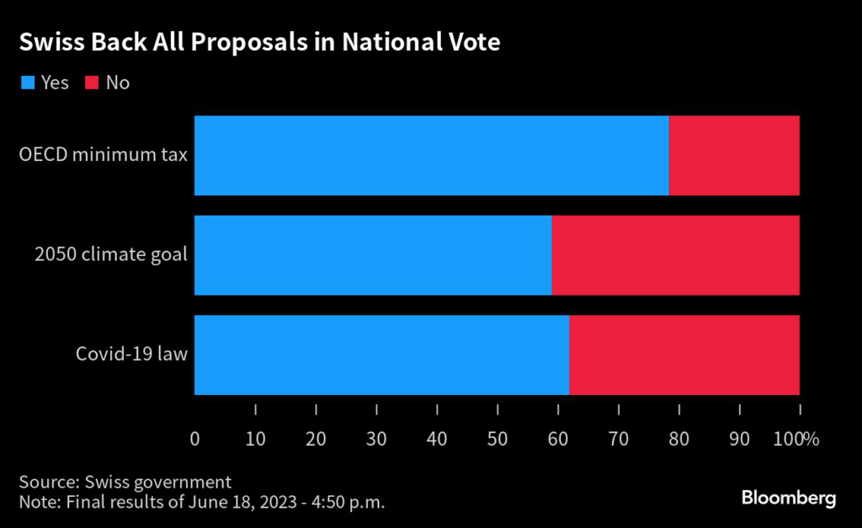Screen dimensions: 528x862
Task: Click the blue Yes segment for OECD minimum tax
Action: (x=431, y=156)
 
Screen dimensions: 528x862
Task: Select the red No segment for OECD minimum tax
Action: (x=734, y=156)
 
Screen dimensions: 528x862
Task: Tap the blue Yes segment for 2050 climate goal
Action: (x=373, y=255)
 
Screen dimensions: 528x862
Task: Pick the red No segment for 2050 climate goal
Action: (x=675, y=255)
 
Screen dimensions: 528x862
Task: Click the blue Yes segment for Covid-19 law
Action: (x=381, y=355)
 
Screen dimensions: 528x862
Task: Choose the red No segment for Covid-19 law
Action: (x=684, y=355)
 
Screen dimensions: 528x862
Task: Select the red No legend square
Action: (x=92, y=83)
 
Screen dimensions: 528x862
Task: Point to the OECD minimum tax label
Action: (x=104, y=156)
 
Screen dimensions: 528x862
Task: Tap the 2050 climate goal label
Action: (x=111, y=255)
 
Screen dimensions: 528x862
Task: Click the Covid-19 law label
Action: (x=131, y=355)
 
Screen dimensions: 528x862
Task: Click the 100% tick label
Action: (x=795, y=438)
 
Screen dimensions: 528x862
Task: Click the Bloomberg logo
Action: (x=789, y=498)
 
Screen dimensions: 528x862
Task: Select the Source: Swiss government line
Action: (x=125, y=483)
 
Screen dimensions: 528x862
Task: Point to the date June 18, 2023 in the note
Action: (x=203, y=502)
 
